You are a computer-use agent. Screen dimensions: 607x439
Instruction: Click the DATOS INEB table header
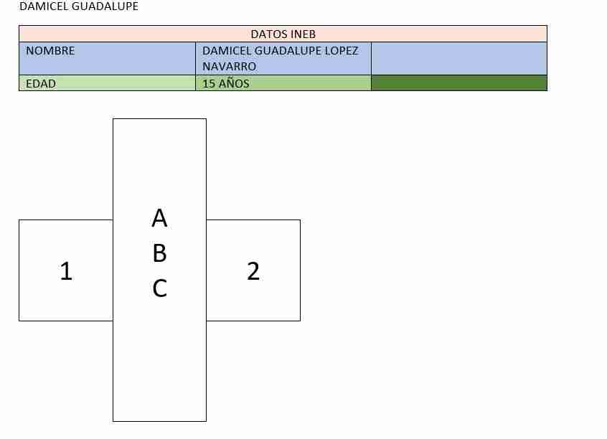(x=283, y=34)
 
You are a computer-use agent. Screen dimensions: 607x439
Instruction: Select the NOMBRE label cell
(x=107, y=58)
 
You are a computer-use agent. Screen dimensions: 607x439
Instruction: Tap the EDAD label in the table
(x=41, y=84)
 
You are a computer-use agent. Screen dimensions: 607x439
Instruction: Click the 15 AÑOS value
(x=226, y=84)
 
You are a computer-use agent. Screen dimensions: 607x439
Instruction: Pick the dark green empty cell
(x=459, y=82)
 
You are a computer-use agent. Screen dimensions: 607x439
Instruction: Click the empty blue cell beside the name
(x=459, y=58)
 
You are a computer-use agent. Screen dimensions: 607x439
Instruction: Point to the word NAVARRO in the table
(x=229, y=67)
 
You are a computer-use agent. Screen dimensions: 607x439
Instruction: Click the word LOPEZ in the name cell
(x=341, y=51)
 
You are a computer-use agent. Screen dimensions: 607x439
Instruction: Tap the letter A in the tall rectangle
(x=159, y=218)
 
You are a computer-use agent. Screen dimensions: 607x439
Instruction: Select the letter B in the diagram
(x=159, y=253)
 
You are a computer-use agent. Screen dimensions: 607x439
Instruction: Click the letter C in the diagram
(x=159, y=288)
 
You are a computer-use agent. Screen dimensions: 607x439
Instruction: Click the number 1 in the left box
(x=66, y=270)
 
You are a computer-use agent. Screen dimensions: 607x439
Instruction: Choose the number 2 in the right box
(x=253, y=270)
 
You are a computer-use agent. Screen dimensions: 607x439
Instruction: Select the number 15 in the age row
(x=209, y=84)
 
